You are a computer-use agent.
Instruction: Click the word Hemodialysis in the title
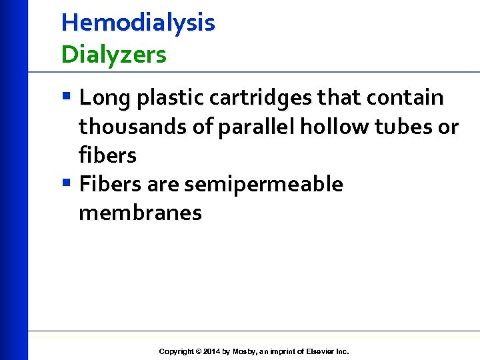pyautogui.click(x=138, y=23)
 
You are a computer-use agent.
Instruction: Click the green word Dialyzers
pyautogui.click(x=113, y=55)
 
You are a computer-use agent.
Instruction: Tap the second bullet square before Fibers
pyautogui.click(x=66, y=182)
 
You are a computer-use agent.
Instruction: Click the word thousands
pyautogui.click(x=134, y=127)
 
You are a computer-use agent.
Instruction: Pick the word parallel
pyautogui.click(x=257, y=127)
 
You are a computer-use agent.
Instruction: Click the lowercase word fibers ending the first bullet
pyautogui.click(x=107, y=155)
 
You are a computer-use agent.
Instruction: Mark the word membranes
pyautogui.click(x=140, y=213)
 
